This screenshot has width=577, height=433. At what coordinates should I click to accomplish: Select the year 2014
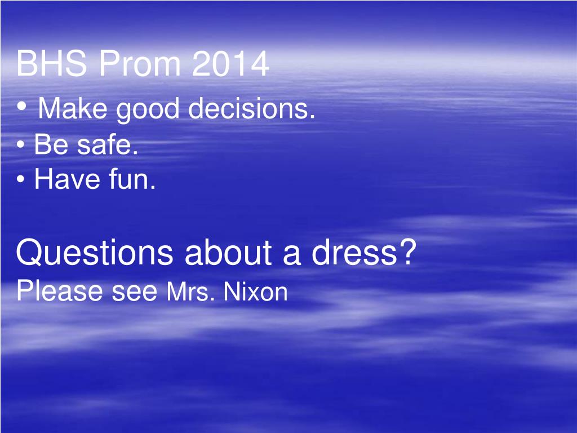pos(230,65)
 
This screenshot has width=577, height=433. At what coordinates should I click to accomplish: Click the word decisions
pos(251,108)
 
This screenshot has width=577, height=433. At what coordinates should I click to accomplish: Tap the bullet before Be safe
pos(21,146)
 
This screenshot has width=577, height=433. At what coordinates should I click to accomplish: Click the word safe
pos(108,145)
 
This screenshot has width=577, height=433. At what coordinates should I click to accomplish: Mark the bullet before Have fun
pos(21,180)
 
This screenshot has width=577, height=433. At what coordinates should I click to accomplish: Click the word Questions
pos(94,253)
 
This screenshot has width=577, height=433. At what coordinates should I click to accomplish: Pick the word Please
pos(60,291)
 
